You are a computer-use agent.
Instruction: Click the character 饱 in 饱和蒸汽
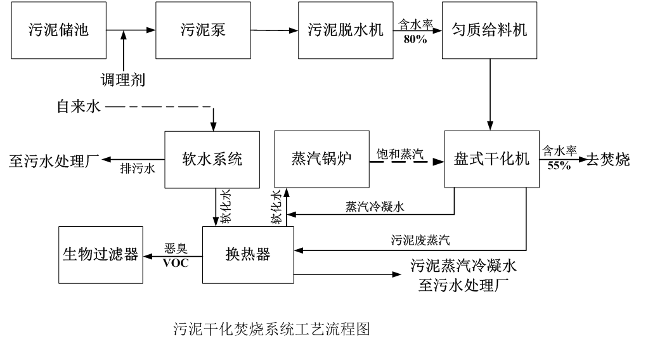click(382, 154)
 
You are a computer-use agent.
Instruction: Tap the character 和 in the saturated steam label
click(394, 154)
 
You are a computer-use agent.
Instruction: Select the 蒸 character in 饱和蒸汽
click(406, 154)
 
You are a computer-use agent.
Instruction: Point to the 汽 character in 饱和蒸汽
click(418, 154)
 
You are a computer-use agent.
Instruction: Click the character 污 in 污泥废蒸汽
click(396, 240)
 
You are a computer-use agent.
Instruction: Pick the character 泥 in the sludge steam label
click(408, 240)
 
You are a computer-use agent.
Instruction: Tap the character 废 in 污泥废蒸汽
click(420, 240)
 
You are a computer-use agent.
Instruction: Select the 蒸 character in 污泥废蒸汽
click(432, 240)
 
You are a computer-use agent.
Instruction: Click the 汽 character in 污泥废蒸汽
click(444, 240)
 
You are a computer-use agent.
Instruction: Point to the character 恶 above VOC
click(170, 248)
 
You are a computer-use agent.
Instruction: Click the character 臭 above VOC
click(182, 248)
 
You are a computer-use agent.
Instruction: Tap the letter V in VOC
click(167, 264)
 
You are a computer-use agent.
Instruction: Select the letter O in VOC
click(176, 264)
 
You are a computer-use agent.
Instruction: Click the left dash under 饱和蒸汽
click(378, 162)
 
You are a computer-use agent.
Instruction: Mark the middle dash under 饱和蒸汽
click(399, 162)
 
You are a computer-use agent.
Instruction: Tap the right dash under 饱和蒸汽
click(420, 162)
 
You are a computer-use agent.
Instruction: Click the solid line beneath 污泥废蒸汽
click(420, 251)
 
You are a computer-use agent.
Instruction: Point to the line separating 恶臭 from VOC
click(176, 256)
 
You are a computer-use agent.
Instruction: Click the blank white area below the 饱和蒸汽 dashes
click(400, 170)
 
